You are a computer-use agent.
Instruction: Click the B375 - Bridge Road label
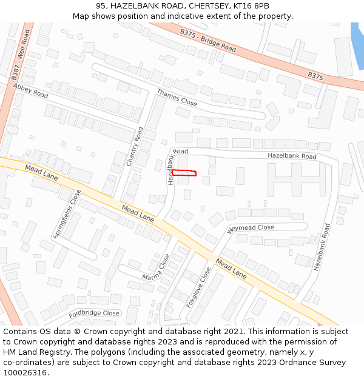[x=208, y=39]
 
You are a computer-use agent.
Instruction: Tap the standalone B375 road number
[x=315, y=76]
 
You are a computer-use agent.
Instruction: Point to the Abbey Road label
[x=30, y=90]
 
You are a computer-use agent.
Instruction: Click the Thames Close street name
[x=177, y=98]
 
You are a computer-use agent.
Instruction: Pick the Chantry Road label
[x=135, y=147]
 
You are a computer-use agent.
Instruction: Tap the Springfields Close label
[x=67, y=213]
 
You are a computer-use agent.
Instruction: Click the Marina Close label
[x=157, y=268]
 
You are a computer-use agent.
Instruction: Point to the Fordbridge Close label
[x=94, y=314]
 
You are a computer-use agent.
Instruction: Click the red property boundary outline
[x=184, y=173]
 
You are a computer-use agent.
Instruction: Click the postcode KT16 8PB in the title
[x=249, y=5]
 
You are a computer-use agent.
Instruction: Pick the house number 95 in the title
[x=101, y=5]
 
